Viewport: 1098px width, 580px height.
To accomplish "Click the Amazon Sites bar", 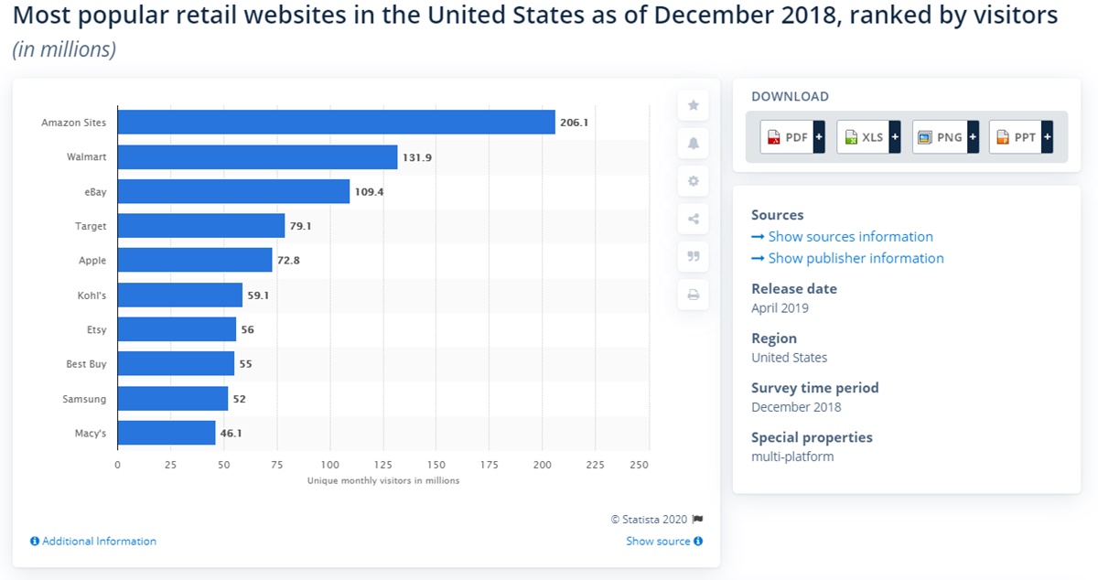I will [336, 123].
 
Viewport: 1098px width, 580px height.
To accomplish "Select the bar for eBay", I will [233, 191].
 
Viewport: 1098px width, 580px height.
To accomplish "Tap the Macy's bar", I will [167, 433].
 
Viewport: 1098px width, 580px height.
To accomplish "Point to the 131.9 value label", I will [416, 157].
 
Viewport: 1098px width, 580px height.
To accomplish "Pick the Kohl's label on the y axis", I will [91, 295].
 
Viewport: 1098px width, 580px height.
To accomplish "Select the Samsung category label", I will [84, 399].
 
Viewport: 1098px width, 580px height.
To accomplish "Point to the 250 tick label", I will [639, 465].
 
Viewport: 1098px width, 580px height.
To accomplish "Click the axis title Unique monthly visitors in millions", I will [383, 480].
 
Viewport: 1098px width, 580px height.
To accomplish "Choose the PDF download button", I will [787, 137].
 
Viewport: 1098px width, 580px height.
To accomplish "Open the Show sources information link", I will [843, 237].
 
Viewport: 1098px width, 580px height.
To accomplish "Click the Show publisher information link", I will [848, 259].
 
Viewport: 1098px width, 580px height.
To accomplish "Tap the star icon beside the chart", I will [694, 105].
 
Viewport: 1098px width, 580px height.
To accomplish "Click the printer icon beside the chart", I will [694, 295].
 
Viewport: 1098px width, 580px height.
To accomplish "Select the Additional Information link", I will [93, 542].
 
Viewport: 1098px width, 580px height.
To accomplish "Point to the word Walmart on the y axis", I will [86, 157].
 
